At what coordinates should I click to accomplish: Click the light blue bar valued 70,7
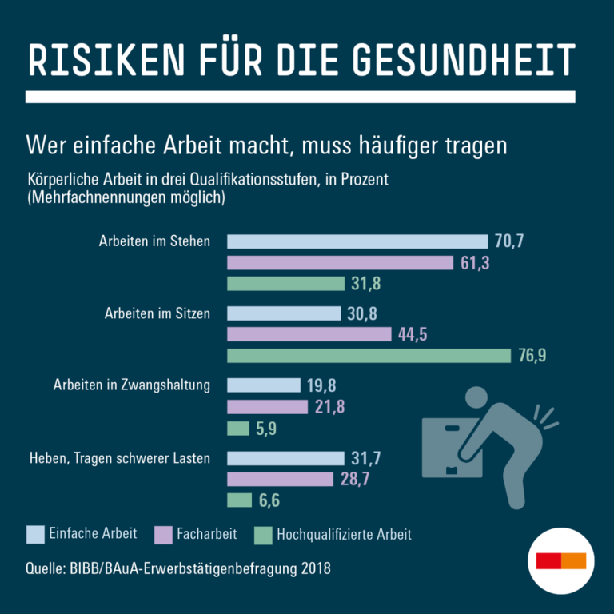[x=357, y=241]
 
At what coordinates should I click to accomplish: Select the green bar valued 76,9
[x=369, y=356]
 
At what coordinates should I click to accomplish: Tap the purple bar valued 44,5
[x=309, y=334]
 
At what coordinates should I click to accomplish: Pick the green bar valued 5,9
[x=238, y=429]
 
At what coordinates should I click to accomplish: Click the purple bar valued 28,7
[x=280, y=479]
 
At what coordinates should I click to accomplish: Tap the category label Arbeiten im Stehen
[x=154, y=241]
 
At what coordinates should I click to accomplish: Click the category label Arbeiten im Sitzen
[x=157, y=313]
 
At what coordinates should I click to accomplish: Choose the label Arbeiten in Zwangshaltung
[x=132, y=385]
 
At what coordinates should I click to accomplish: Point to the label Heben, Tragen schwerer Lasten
[x=120, y=458]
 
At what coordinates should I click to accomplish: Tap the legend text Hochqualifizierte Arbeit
[x=344, y=534]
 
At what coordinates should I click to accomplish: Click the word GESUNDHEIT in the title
[x=463, y=60]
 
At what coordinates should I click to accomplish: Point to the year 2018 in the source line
[x=315, y=569]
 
